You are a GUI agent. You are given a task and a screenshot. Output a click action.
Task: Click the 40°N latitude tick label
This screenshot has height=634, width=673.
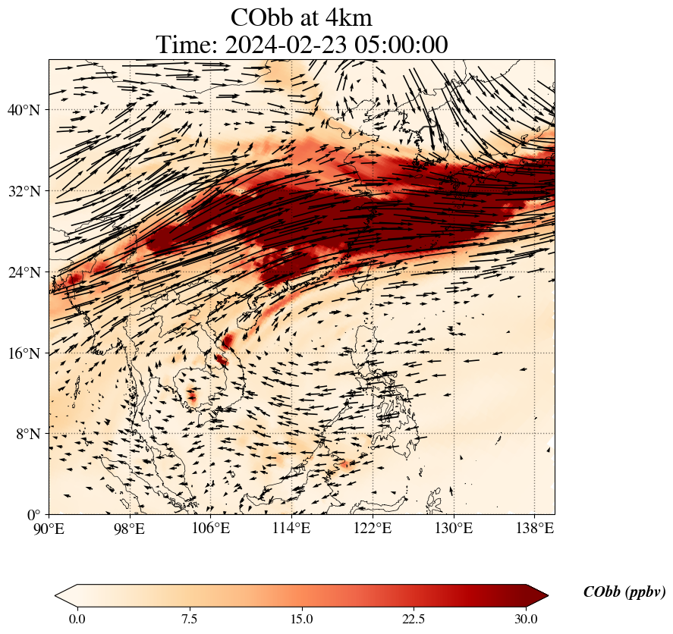[23, 110]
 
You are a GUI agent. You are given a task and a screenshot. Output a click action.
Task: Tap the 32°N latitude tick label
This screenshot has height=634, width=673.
[23, 191]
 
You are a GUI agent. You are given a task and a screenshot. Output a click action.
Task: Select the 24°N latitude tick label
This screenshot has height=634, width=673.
[23, 272]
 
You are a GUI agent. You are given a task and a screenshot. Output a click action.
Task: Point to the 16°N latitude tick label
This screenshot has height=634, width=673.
[23, 353]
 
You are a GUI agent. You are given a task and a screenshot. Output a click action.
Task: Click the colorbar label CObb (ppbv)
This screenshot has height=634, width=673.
[624, 593]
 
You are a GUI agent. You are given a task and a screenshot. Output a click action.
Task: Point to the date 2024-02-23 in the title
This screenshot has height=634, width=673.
[283, 45]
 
